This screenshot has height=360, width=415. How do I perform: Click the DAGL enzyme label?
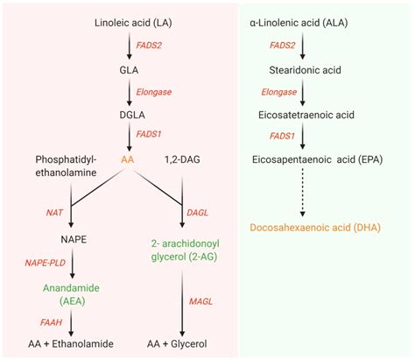[198, 212]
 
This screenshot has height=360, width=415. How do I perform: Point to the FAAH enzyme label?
[40, 321]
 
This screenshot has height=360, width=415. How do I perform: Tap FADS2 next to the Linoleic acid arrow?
[150, 42]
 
